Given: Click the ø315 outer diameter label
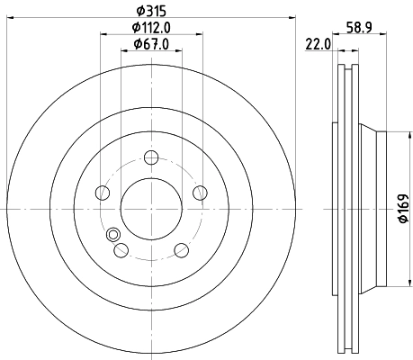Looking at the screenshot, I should pyautogui.click(x=150, y=11).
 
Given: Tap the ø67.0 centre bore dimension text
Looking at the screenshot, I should pyautogui.click(x=150, y=44).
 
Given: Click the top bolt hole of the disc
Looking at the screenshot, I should pyautogui.click(x=150, y=159).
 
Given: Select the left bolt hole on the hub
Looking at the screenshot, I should pyautogui.click(x=103, y=193).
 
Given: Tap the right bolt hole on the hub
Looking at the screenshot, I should pyautogui.click(x=199, y=193).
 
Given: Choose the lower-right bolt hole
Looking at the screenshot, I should pyautogui.click(x=181, y=249).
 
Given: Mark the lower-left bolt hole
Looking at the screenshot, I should pyautogui.click(x=121, y=249).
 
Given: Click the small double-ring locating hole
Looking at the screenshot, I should pyautogui.click(x=113, y=236).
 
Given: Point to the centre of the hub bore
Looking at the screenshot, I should pyautogui.click(x=150, y=208).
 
